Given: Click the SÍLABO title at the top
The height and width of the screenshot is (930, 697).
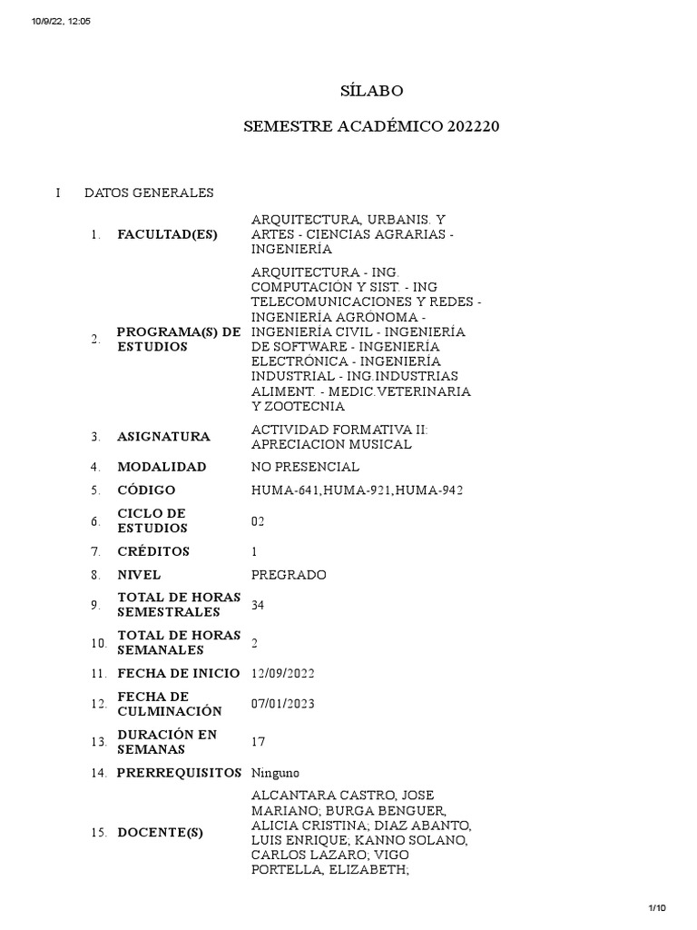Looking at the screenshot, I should point(370,91).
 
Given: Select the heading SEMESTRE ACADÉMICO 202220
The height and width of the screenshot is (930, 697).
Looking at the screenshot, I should point(371,127).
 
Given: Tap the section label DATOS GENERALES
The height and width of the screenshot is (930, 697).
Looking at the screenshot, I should point(149,193).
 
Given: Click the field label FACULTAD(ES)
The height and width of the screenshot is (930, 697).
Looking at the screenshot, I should point(167,234).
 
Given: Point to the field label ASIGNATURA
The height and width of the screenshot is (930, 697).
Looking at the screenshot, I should point(163,437).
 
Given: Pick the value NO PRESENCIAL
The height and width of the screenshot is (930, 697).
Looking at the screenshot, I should point(305,467).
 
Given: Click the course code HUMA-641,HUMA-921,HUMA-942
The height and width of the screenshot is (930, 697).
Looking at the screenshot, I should point(357,491).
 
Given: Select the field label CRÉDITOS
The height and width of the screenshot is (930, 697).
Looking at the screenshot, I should point(153,551).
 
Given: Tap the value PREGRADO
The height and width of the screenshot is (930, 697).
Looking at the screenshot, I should point(289,575).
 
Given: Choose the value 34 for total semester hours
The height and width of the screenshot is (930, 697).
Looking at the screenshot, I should point(258,605).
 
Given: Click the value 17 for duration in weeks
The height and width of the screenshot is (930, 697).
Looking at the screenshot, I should point(258,742).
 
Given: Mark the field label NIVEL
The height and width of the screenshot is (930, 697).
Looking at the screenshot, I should point(139,575).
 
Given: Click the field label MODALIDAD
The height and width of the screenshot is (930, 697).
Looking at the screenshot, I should point(162,467).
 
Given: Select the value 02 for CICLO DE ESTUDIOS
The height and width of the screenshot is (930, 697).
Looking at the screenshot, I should point(258,521).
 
